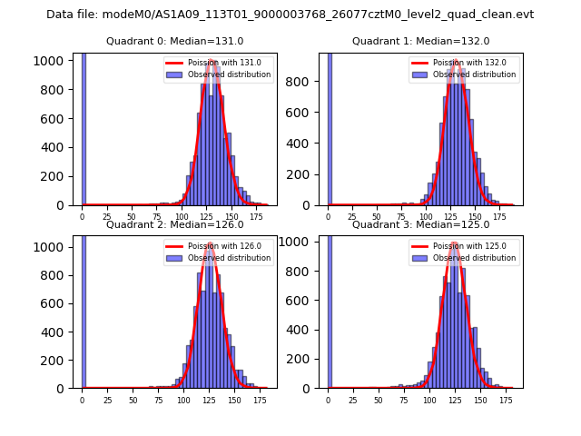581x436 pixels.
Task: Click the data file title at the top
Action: point(290,15)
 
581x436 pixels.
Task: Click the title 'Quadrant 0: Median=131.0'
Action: point(174,41)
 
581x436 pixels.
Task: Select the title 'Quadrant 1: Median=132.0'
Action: point(420,41)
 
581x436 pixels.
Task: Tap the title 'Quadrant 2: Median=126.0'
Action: point(174,224)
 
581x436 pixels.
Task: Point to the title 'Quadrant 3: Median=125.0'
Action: point(420,224)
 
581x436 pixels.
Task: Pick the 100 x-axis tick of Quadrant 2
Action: point(183,400)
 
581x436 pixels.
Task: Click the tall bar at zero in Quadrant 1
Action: point(330,128)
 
